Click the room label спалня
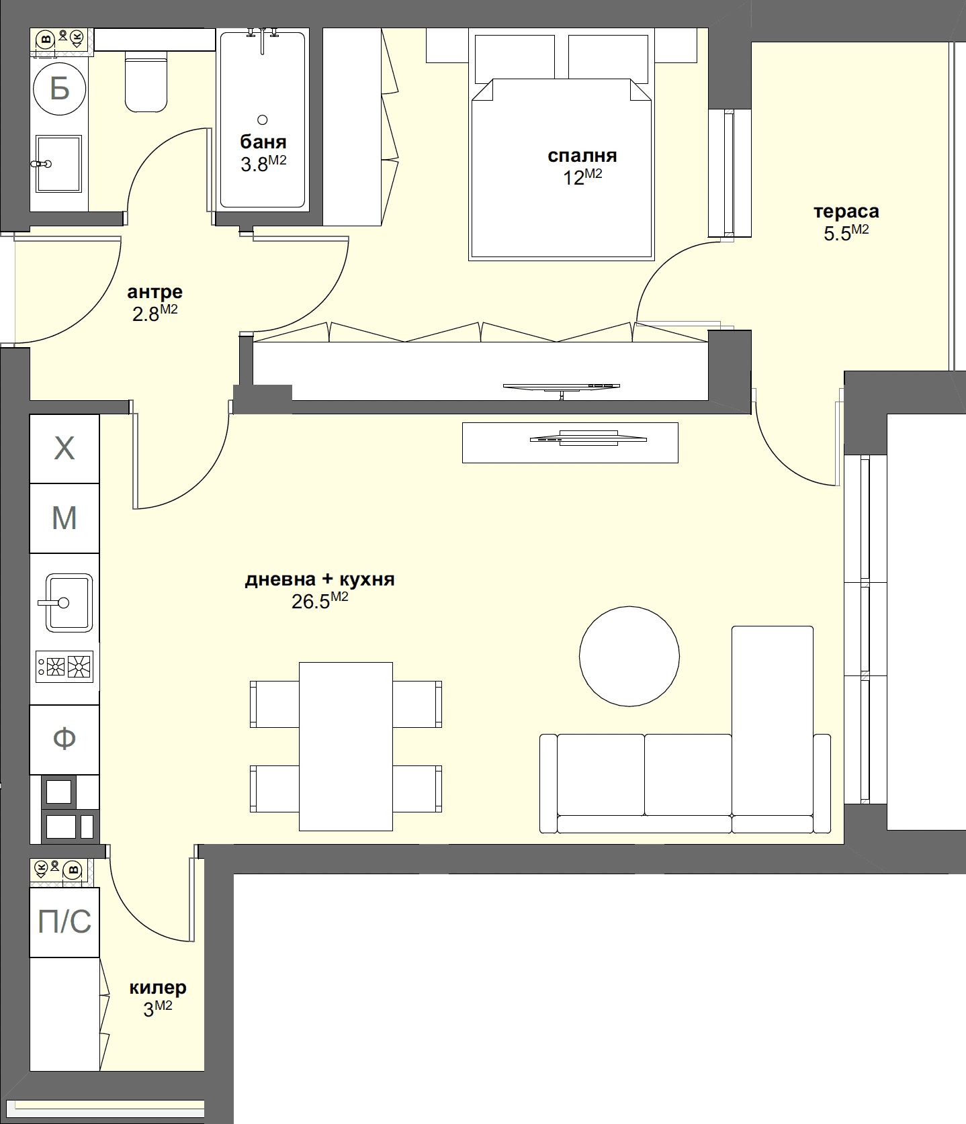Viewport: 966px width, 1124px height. pos(582,156)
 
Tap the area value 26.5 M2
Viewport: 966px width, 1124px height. pos(319,601)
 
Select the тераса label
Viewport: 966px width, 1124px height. pos(846,212)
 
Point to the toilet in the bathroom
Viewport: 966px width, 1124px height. pos(146,84)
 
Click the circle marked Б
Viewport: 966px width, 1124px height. pos(60,88)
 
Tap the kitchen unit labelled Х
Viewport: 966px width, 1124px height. pos(64,448)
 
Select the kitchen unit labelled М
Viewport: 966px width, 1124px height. pos(64,518)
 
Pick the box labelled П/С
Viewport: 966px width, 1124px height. pos(64,922)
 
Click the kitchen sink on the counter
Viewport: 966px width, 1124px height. pos(69,602)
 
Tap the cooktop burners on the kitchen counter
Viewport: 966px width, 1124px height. pos(65,667)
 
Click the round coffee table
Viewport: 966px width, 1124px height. pos(629,656)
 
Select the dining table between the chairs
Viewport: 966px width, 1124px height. pos(345,746)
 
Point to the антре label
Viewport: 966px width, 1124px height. pos(155,292)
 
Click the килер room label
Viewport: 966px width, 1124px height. pos(158,988)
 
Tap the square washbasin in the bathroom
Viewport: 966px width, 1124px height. pos(59,163)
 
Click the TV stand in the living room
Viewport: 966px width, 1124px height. pos(570,442)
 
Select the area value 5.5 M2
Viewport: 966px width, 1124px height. pos(846,233)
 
